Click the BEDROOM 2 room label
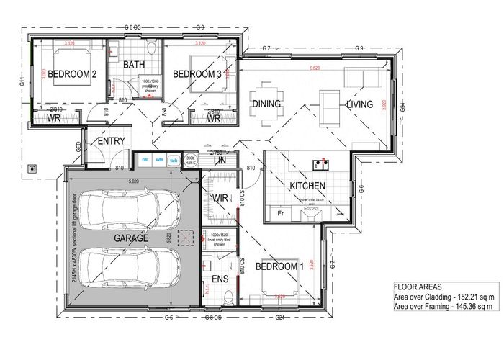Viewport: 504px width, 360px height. (68, 74)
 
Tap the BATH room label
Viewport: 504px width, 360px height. (135, 65)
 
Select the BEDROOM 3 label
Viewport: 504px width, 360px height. (197, 74)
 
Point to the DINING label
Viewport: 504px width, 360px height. (266, 104)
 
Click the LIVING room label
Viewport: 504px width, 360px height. (359, 104)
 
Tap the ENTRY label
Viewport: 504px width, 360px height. (111, 141)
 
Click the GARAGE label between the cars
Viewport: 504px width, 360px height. (130, 238)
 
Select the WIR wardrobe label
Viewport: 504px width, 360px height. (220, 198)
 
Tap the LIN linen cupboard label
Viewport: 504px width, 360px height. (220, 161)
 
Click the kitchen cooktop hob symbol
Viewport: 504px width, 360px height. (320, 165)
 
